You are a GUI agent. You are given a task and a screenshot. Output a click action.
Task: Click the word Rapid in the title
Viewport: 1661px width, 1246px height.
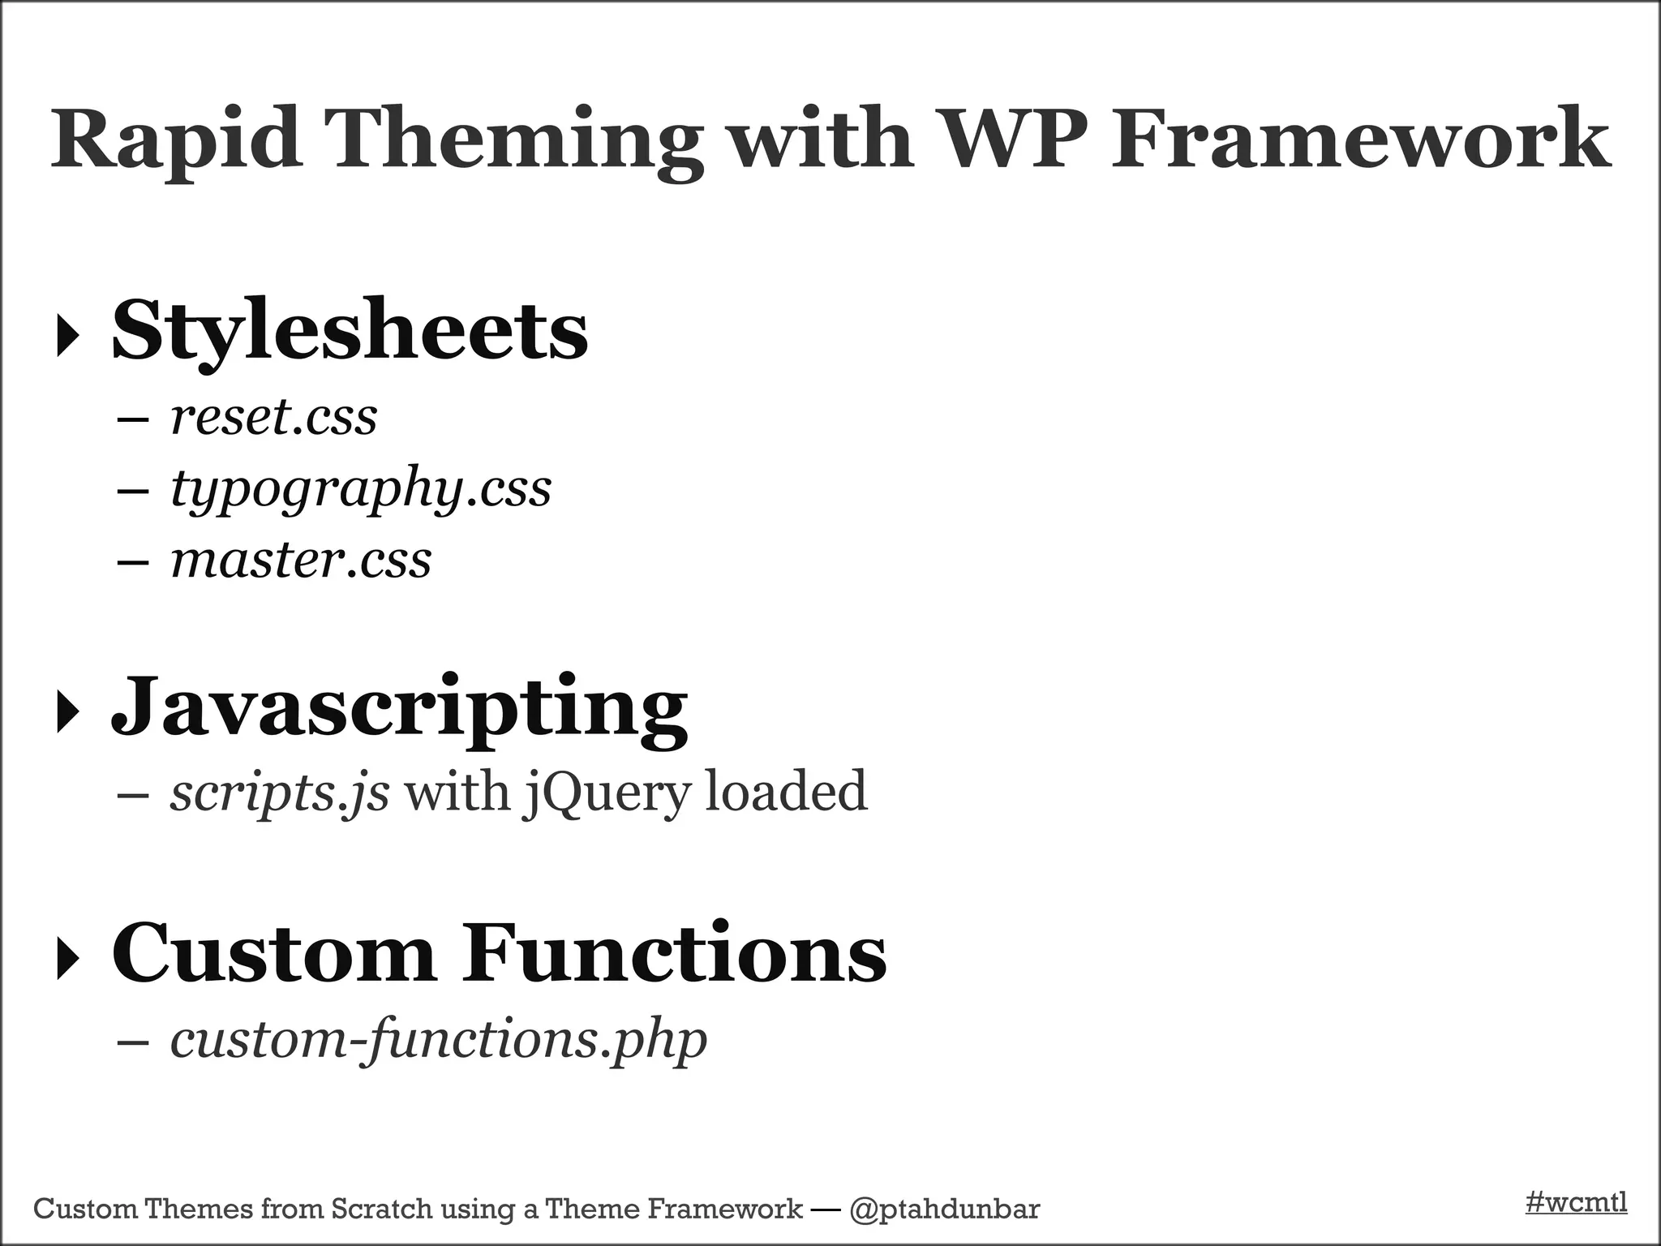[x=171, y=140]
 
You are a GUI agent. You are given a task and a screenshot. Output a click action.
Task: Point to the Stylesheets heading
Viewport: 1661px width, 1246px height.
[x=350, y=331]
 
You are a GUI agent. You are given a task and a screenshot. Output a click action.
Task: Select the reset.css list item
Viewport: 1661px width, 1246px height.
[x=273, y=418]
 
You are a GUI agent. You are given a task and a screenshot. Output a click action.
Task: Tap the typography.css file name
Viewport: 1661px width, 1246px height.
[x=361, y=489]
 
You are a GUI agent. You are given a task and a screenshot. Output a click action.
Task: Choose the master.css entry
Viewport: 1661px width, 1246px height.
[x=300, y=561]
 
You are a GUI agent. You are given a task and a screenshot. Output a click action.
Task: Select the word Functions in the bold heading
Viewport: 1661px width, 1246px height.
[x=674, y=953]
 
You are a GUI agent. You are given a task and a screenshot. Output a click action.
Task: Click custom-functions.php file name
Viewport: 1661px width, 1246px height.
[x=438, y=1039]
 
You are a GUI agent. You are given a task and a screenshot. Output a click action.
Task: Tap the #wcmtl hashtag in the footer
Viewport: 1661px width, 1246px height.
[x=1576, y=1202]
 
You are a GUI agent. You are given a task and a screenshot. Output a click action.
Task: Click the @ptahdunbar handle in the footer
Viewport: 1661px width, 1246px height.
[x=944, y=1209]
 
